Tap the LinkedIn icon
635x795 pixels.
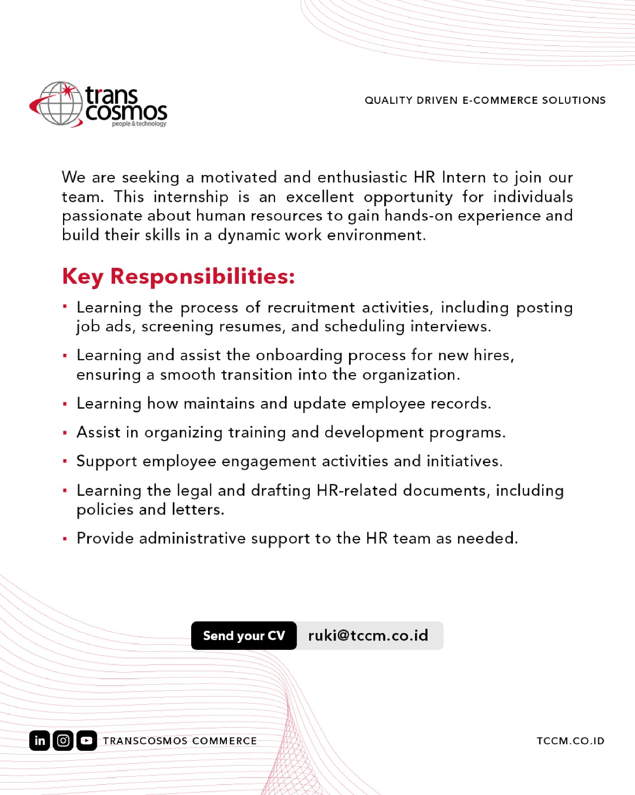click(40, 740)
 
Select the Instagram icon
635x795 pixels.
click(63, 740)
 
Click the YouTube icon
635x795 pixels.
click(86, 740)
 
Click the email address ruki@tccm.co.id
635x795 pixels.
click(368, 636)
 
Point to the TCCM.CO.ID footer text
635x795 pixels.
click(570, 741)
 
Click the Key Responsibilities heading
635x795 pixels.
click(178, 276)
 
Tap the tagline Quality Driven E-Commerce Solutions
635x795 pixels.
click(485, 100)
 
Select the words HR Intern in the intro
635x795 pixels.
click(450, 177)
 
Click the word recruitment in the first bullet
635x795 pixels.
click(311, 308)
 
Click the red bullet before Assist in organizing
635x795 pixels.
click(65, 433)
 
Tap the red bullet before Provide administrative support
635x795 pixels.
click(65, 539)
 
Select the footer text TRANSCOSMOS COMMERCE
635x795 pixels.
click(180, 741)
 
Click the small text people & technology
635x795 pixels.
click(139, 124)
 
